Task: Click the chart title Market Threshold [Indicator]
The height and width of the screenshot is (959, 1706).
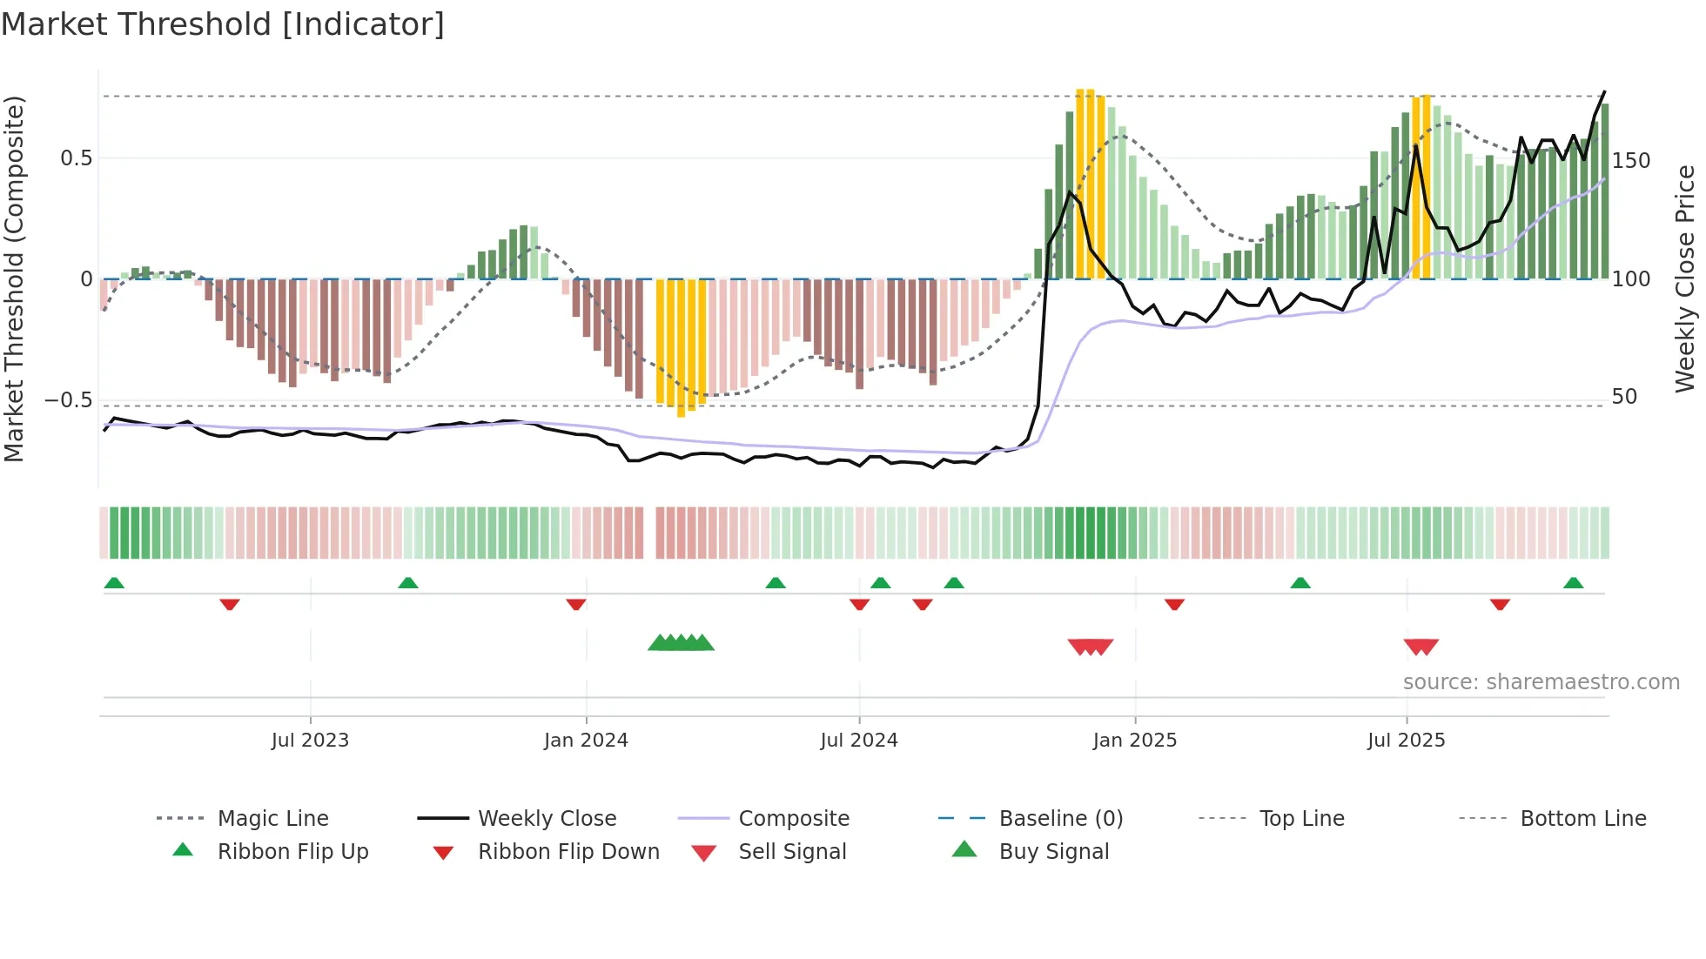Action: [223, 24]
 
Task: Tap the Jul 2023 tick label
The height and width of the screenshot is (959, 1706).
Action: [310, 741]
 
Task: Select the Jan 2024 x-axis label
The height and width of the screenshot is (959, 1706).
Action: [586, 741]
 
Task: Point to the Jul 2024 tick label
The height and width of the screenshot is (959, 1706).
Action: [859, 741]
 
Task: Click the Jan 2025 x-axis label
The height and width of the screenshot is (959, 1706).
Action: [1135, 741]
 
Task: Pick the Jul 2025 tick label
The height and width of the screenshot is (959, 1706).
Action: [1407, 741]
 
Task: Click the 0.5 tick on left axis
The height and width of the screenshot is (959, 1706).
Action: [76, 158]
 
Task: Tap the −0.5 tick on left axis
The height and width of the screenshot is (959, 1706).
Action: [68, 400]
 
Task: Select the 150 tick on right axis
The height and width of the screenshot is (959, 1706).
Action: [1631, 161]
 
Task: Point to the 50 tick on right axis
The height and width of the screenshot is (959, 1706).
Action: [1625, 397]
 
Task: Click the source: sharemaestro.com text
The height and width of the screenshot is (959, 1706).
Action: [1541, 682]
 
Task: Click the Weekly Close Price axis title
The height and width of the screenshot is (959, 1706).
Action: [1685, 278]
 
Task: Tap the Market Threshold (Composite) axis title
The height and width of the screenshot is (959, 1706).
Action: [14, 278]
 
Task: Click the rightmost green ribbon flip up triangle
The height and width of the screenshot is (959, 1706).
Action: [1573, 583]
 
